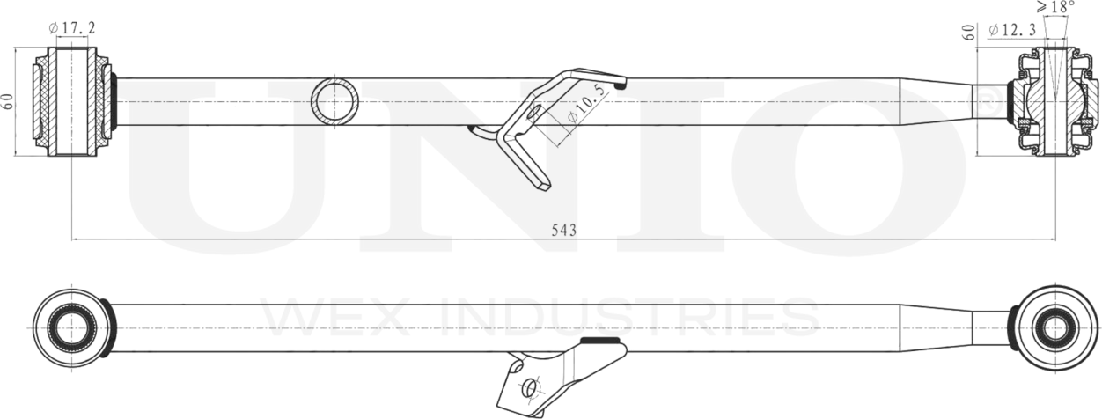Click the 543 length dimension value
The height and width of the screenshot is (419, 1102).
tap(563, 230)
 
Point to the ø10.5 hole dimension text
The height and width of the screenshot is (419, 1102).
tap(584, 105)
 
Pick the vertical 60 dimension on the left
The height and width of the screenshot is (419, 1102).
tap(9, 100)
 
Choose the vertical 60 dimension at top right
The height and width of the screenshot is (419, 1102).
tap(969, 33)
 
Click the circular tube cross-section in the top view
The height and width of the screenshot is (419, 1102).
tap(335, 101)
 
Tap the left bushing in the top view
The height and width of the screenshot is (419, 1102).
tap(72, 101)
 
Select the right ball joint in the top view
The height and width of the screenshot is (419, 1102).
tap(1053, 101)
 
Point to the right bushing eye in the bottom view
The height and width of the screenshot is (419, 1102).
tap(1053, 328)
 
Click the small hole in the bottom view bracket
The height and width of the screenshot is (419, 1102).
tap(529, 387)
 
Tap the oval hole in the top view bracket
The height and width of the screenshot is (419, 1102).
tap(533, 112)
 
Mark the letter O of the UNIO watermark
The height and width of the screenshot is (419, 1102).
tap(871, 167)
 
